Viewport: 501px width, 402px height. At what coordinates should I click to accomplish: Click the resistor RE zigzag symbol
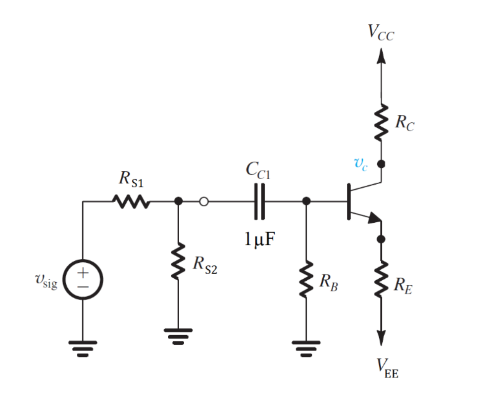point(381,280)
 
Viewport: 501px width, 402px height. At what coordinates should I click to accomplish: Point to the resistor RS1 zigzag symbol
point(130,201)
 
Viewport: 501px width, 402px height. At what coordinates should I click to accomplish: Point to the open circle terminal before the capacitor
point(203,201)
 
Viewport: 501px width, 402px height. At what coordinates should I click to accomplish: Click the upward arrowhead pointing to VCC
point(381,55)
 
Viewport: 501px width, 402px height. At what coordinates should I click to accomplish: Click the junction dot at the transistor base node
point(306,201)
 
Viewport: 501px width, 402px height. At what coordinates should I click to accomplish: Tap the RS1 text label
point(131,180)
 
